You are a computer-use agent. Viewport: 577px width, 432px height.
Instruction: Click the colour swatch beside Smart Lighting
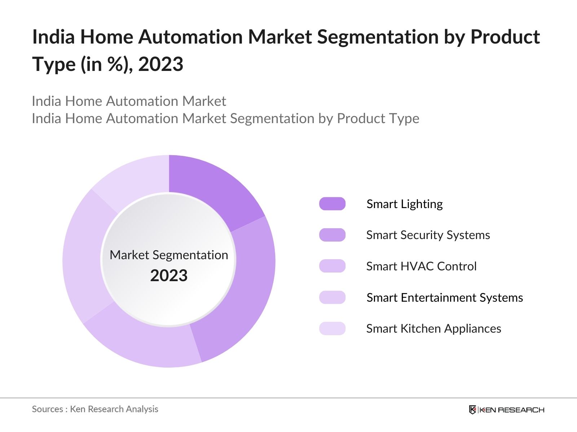point(332,204)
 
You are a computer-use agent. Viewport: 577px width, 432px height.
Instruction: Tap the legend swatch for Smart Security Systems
point(332,235)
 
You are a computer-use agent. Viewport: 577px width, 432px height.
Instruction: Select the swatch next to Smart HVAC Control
point(332,266)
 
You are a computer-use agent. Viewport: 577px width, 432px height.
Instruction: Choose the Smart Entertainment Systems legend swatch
point(332,297)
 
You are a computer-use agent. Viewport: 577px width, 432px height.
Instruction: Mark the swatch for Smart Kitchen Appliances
point(332,328)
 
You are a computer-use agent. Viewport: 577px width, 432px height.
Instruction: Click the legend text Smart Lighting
point(405,204)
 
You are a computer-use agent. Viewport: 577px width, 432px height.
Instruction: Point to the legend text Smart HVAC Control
point(421,266)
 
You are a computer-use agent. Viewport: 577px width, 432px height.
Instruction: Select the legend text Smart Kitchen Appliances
point(434,329)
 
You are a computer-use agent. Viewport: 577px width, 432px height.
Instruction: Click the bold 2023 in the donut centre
point(169,275)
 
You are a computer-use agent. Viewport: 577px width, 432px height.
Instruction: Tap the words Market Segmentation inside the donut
point(169,255)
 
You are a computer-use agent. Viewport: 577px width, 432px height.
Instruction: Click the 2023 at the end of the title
point(160,64)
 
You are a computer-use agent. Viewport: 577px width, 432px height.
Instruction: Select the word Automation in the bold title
point(190,37)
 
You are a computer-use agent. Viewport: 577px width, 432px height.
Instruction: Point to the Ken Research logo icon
point(472,409)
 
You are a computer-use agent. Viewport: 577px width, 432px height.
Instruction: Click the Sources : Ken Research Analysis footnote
point(95,409)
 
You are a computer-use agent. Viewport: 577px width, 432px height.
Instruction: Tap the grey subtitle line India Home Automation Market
point(129,101)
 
